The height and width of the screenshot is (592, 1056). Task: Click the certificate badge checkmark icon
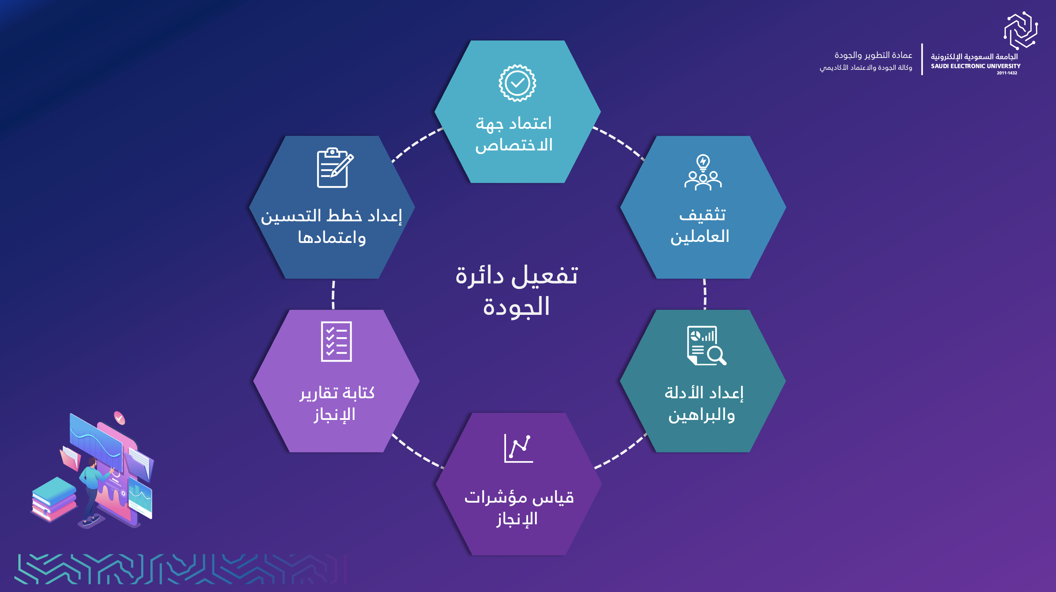point(517,83)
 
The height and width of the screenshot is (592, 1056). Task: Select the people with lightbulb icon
point(703,172)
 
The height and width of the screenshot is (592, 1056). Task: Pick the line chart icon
point(519,448)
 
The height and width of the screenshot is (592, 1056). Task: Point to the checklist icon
point(336,342)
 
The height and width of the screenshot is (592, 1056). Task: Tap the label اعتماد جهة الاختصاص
point(514,134)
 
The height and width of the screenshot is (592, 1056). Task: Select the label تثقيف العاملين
point(700,226)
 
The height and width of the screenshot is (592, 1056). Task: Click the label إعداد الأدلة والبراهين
point(703,404)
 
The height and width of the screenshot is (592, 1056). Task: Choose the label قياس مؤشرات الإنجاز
point(519,508)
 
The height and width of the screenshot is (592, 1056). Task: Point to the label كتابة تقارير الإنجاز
point(337,404)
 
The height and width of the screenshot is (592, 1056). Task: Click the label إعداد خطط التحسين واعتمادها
point(331,226)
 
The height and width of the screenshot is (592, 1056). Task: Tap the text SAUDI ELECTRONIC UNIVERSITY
point(976,66)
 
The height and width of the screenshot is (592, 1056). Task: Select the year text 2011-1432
point(1007,73)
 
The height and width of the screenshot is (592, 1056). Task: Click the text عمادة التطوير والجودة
point(873,55)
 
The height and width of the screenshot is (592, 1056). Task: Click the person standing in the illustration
point(93,491)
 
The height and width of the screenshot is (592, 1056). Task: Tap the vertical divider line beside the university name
point(922,59)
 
